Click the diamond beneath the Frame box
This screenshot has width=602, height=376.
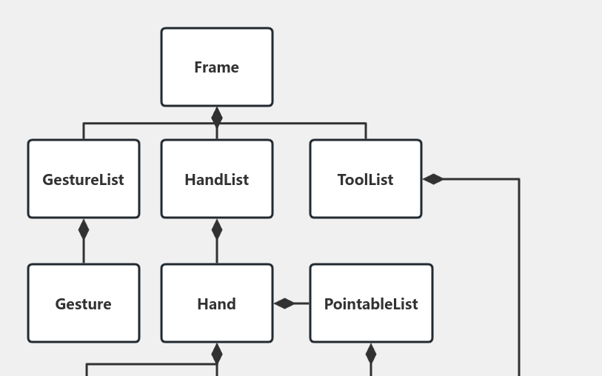[217, 117]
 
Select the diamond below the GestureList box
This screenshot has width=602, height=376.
[84, 229]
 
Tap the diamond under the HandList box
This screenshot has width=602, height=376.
[217, 229]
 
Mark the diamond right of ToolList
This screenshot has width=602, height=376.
[433, 179]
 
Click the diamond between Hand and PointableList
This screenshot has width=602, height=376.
[284, 303]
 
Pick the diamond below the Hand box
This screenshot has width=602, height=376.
[217, 354]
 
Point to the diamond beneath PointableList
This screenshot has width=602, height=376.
[371, 354]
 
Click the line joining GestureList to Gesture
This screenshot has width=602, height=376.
[84, 252]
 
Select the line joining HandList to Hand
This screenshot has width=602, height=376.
[217, 252]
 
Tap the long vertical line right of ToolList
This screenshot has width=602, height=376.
[518, 281]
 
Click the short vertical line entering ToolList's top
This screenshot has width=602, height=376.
[366, 131]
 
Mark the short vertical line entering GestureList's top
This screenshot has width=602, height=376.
[84, 131]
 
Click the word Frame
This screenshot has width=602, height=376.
[216, 67]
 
